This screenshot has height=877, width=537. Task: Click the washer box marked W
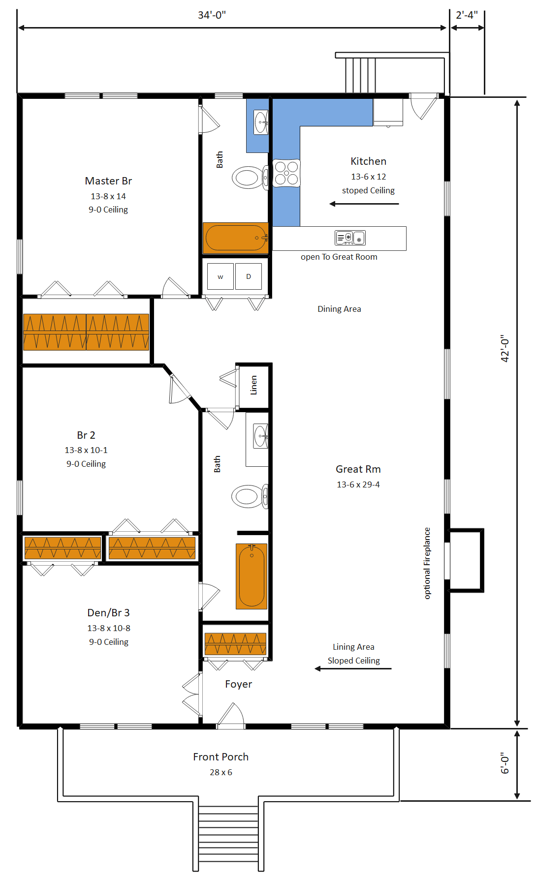click(220, 276)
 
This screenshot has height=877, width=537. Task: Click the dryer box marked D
click(248, 276)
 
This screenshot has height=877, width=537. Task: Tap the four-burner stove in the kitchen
click(286, 173)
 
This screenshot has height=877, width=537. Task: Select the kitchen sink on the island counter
click(350, 238)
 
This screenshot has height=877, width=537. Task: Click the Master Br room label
click(108, 181)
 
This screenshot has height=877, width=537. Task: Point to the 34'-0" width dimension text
click(212, 15)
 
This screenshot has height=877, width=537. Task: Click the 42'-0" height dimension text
click(505, 349)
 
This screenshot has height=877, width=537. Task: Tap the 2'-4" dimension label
click(467, 15)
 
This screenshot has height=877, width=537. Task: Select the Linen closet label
click(253, 385)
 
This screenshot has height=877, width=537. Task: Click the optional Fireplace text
click(427, 563)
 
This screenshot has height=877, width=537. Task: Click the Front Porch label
click(221, 757)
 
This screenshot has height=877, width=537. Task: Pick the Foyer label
click(238, 684)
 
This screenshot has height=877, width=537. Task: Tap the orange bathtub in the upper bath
click(236, 238)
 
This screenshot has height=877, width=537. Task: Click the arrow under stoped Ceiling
click(364, 204)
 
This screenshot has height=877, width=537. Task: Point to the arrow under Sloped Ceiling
click(353, 668)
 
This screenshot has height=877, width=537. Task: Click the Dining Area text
click(339, 309)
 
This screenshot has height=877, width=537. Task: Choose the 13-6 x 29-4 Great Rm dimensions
click(358, 484)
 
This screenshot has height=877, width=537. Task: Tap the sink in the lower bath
click(260, 437)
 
